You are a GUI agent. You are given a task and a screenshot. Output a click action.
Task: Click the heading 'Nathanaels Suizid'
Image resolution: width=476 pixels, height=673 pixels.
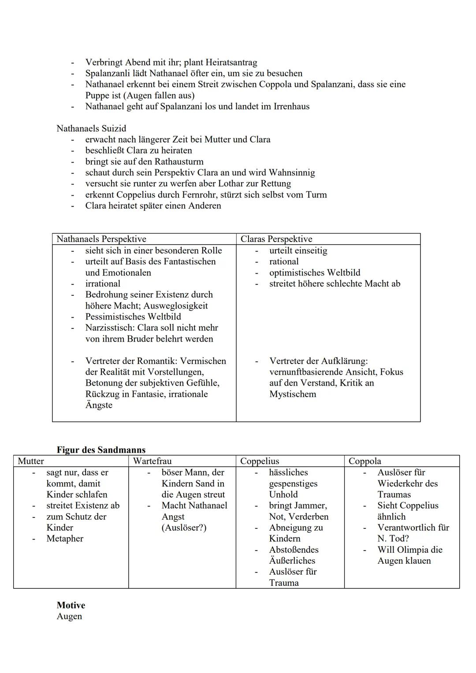tap(91, 128)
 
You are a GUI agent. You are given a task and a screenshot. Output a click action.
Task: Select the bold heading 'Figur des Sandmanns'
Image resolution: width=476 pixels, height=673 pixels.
tap(101, 450)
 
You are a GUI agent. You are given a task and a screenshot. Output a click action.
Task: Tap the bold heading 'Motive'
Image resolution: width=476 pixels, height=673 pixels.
tap(71, 605)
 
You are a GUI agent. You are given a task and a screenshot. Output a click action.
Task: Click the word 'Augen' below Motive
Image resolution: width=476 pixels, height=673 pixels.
tap(69, 616)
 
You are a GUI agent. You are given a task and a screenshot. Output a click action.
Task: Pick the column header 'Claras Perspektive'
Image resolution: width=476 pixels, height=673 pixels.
tap(276, 239)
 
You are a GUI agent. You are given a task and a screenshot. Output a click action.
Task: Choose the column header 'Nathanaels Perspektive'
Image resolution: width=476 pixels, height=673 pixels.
tap(101, 239)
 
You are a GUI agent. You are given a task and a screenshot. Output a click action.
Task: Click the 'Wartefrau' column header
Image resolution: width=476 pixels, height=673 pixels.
tap(152, 461)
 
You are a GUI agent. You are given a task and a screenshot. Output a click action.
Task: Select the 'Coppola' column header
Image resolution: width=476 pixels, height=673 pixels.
tap(364, 461)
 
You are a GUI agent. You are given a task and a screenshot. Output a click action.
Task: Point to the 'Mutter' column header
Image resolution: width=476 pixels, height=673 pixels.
tap(31, 461)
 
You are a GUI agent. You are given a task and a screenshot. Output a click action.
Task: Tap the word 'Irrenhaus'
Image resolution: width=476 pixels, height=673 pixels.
tap(289, 106)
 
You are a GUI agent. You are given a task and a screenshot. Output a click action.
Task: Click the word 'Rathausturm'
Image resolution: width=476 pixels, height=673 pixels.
tap(178, 161)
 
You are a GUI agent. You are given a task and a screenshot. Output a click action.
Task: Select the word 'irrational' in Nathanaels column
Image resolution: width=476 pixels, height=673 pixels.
tap(103, 283)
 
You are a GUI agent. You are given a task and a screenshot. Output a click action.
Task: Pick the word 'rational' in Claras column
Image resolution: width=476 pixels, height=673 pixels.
tap(284, 261)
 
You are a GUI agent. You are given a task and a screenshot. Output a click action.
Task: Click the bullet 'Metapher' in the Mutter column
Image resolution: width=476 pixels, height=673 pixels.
tap(65, 539)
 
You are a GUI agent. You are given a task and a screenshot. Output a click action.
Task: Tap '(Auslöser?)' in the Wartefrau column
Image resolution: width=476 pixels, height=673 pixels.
tap(184, 528)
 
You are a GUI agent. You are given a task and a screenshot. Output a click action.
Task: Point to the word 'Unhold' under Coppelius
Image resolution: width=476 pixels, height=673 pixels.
tap(283, 495)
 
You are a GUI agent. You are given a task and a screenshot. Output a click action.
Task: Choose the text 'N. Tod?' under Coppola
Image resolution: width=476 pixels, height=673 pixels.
tap(393, 539)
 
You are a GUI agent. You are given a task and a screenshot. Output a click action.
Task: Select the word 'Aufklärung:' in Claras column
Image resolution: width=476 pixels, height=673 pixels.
tap(342, 361)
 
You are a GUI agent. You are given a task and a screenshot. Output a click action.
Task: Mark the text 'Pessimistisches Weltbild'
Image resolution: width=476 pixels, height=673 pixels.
tap(133, 316)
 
